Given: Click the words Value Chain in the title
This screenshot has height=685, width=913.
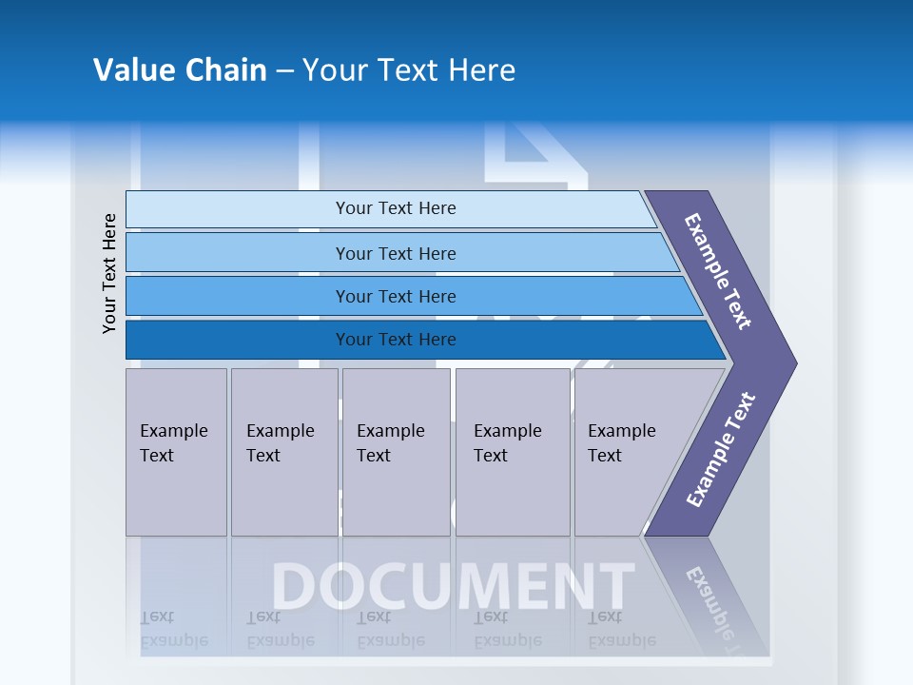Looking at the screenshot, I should [180, 70].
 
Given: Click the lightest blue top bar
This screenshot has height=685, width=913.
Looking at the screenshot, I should [238, 209].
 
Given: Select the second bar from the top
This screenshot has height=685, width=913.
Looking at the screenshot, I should [238, 253].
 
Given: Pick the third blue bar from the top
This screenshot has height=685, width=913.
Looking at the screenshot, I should [238, 296].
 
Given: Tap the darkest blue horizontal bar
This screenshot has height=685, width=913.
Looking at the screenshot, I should [238, 340].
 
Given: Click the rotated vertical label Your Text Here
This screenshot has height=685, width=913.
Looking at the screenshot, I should [109, 273].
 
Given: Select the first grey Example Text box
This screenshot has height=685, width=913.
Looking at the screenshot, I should [176, 452].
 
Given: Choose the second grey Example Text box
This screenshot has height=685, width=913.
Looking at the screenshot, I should [284, 452].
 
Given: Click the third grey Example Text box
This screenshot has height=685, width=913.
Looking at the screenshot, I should [396, 452].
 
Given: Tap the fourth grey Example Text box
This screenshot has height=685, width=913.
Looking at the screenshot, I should [513, 452].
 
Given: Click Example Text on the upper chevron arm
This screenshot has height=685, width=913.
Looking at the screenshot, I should [719, 271].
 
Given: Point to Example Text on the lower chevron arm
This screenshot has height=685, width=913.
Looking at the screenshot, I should [721, 450].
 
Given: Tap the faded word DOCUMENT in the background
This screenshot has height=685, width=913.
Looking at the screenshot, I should [453, 586].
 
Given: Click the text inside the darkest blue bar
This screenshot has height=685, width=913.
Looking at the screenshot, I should [396, 340].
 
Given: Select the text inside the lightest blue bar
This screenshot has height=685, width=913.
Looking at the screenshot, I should [396, 208].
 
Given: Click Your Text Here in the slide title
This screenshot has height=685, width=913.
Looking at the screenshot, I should [409, 70].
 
